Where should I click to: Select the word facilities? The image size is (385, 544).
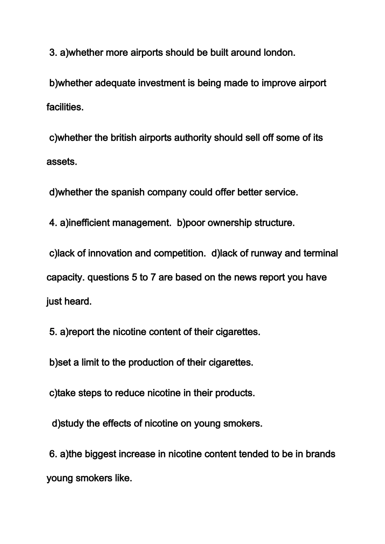(x=65, y=107)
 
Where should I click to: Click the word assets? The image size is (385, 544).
(x=62, y=162)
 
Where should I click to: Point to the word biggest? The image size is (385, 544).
(x=100, y=454)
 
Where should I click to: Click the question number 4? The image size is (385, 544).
(x=53, y=223)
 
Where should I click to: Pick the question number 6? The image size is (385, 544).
(x=53, y=454)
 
